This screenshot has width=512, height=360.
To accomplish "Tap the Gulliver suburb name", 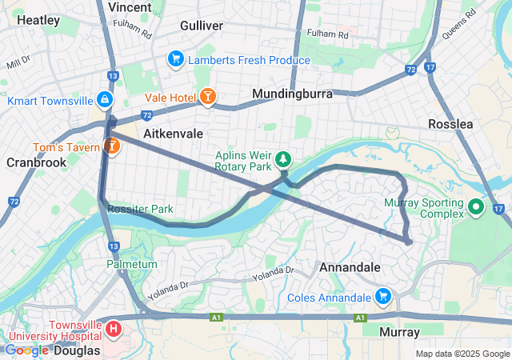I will (x=202, y=26).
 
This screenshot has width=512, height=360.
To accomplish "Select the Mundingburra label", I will (x=292, y=94).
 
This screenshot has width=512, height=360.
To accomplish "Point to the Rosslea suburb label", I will (x=450, y=124).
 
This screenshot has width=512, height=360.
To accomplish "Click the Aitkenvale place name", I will (x=173, y=133).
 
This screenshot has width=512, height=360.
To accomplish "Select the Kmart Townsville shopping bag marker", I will (x=104, y=101).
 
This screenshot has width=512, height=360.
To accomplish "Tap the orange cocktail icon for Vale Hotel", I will (x=207, y=97).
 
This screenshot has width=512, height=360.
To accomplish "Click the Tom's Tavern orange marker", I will (x=110, y=146).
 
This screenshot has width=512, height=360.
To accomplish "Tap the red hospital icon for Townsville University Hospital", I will (x=114, y=329).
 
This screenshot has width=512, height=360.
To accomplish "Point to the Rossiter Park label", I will (x=141, y=210).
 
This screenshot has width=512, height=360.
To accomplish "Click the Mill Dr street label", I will (x=18, y=62).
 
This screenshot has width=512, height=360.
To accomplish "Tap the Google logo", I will (x=26, y=350).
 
